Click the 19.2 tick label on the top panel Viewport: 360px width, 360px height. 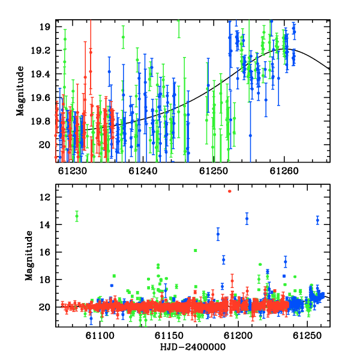pos(40,50)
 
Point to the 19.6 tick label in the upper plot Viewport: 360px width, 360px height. pos(40,98)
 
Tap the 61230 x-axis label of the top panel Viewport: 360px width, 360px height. pos(73,171)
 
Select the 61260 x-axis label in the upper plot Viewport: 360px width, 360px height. pos(284,171)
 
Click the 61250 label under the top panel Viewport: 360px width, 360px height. pos(214,171)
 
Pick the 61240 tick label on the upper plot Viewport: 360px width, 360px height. pos(143,171)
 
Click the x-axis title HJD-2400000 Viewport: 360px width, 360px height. pos(193,347)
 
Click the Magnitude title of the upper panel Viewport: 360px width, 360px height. pos(20,91)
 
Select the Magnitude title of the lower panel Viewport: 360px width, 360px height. pos(29,256)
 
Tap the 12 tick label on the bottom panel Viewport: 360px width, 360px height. pos(45,197)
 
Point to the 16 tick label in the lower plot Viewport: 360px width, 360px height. pos(45,252)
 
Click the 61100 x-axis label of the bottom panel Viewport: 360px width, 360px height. pos(100,335)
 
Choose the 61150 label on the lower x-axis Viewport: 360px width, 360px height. pos(169,335)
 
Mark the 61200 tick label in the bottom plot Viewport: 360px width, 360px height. pos(238,335)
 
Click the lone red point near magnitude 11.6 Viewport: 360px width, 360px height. pos(230,191)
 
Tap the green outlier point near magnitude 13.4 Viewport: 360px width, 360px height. pos(77,216)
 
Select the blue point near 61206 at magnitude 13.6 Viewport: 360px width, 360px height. pos(247,218)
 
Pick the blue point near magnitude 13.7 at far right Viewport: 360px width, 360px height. pos(317,220)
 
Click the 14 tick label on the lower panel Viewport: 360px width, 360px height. pos(45,225)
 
